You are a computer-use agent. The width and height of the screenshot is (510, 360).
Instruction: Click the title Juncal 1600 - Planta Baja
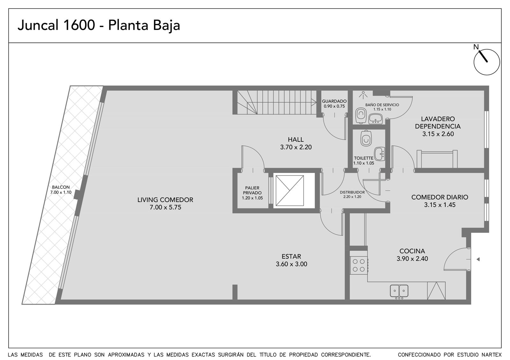pyautogui.click(x=99, y=25)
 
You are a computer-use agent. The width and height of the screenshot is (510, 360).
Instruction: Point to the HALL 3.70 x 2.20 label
pyautogui.click(x=296, y=143)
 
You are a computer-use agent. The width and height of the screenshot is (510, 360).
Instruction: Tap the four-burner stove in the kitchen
pyautogui.click(x=359, y=265)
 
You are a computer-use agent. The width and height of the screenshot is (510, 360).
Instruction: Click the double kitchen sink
pyautogui.click(x=399, y=291)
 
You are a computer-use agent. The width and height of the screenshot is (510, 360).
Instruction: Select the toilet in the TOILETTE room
pyautogui.click(x=366, y=138)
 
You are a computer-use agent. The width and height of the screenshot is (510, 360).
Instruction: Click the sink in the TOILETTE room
pyautogui.click(x=380, y=154)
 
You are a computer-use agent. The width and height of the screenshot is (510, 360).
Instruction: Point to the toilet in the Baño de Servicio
pyautogui.click(x=361, y=116)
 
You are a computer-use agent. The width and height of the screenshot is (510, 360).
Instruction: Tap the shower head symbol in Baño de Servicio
pyautogui.click(x=363, y=95)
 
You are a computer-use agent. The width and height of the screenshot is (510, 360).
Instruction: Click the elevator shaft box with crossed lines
pyautogui.click(x=290, y=191)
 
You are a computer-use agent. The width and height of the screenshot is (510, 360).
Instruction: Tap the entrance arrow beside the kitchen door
pyautogui.click(x=478, y=259)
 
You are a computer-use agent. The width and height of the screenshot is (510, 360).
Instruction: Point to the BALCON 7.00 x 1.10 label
pyautogui.click(x=61, y=190)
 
